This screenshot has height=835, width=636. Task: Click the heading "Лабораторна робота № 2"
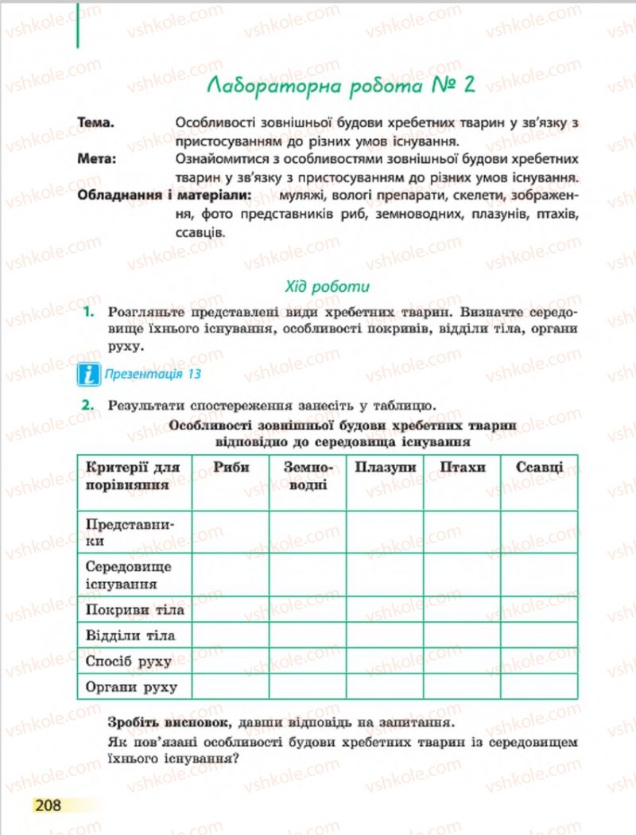click(x=339, y=84)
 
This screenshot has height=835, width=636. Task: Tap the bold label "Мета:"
click(x=97, y=159)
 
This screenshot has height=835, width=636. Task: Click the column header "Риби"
click(x=231, y=468)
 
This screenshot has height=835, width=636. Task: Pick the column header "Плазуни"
click(x=385, y=468)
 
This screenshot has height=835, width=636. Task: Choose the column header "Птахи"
click(x=462, y=468)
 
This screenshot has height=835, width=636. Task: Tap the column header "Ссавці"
click(x=539, y=468)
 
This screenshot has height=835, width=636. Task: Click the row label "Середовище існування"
click(x=129, y=575)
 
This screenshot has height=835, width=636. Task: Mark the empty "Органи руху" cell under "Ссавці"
click(x=539, y=686)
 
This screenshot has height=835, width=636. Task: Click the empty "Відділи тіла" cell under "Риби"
click(x=231, y=635)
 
